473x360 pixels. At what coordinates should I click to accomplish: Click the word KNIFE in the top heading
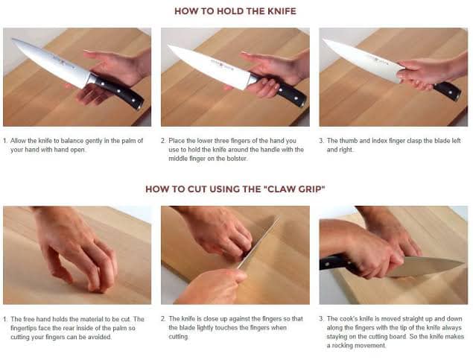point(282,11)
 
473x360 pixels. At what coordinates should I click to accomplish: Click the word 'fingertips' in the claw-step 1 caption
point(24,328)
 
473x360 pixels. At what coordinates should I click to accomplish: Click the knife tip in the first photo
point(13,40)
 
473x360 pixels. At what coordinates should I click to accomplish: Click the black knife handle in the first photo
point(119,92)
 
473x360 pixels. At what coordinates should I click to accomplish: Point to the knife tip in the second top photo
point(169,46)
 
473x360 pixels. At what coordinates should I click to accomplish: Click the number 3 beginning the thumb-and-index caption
point(321,141)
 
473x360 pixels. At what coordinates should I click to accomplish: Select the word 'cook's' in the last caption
point(349,319)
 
